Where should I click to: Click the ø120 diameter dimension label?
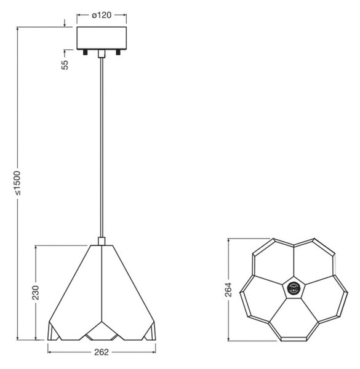102,15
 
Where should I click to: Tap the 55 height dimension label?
65,65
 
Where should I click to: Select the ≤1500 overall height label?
17,183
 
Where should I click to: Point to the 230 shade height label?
35,293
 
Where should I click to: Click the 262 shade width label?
102,352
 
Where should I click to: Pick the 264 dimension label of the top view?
228,290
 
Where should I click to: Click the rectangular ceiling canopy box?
102,38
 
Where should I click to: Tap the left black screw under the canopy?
85,52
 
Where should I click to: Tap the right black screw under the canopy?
118,52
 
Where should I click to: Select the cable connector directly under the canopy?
102,54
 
